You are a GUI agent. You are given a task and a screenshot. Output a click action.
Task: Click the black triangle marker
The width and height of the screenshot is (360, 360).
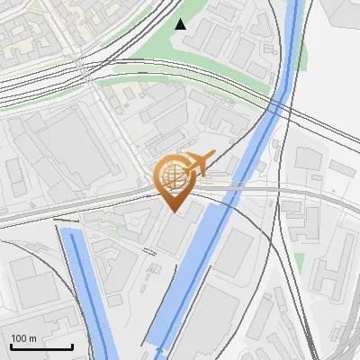(x=181, y=24)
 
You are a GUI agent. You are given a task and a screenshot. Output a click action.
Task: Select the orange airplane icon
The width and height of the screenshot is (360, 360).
(x=198, y=162)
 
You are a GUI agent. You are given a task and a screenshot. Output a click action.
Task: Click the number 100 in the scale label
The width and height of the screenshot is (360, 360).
(x=19, y=338)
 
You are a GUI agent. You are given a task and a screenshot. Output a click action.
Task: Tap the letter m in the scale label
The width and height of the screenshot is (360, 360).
(x=31, y=338)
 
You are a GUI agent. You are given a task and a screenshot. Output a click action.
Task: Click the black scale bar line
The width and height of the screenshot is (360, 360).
(x=41, y=346)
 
